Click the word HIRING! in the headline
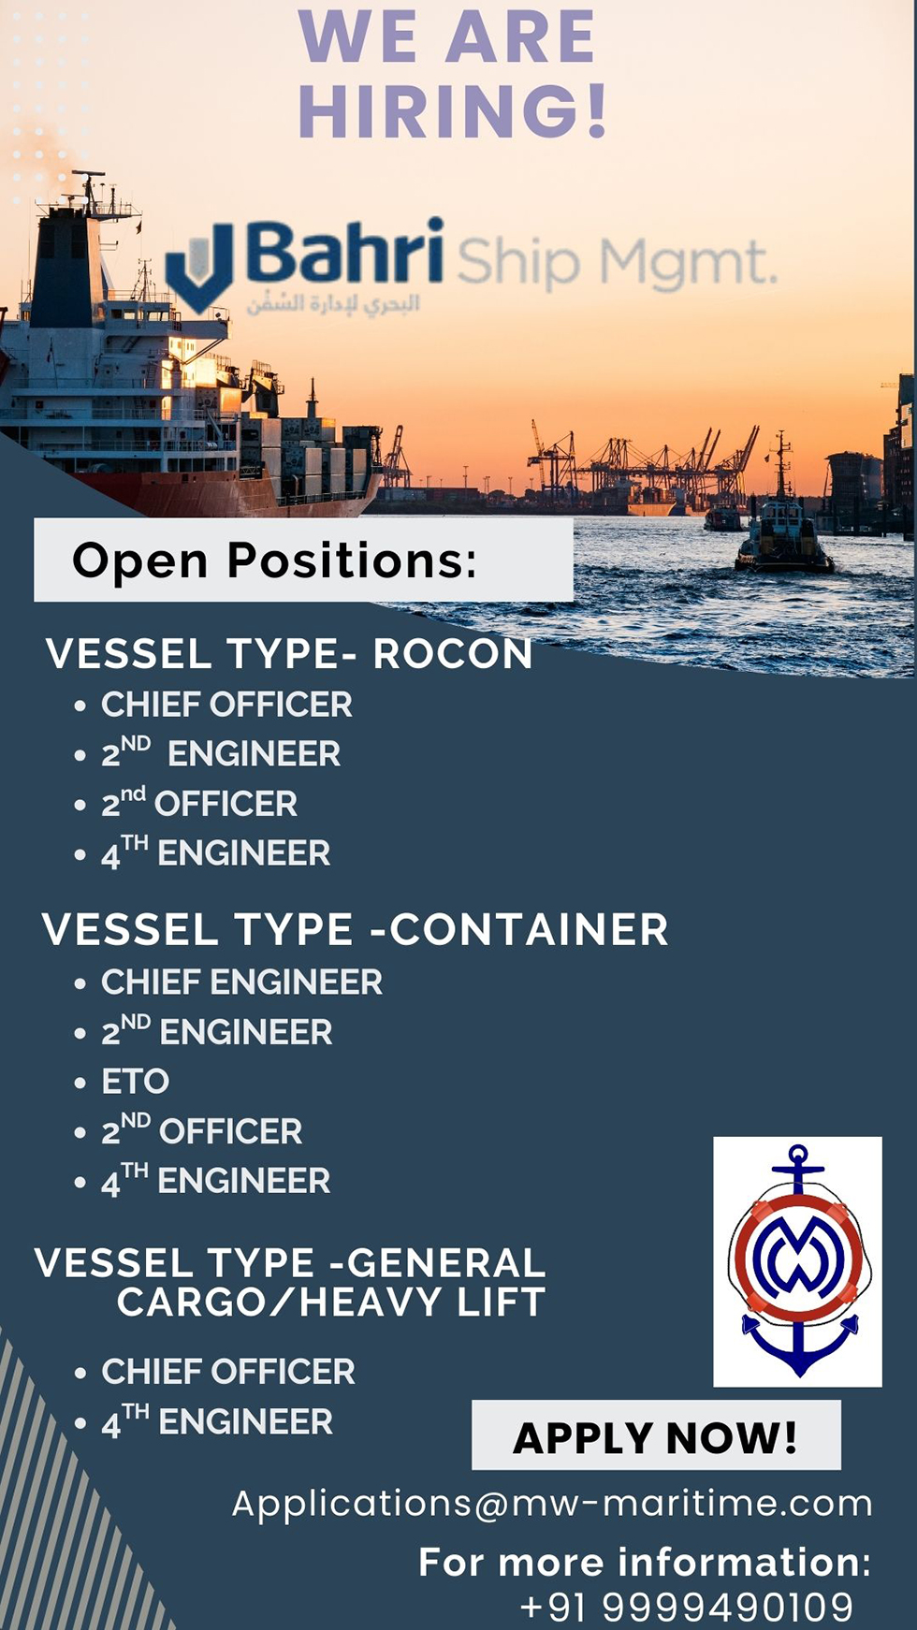[454, 111]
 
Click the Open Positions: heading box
[303, 560]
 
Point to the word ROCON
[453, 653]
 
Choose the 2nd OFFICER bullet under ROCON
[199, 803]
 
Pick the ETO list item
[136, 1082]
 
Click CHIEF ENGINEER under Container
[241, 982]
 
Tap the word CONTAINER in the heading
[530, 930]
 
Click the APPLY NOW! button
[656, 1435]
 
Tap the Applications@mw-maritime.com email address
[552, 1503]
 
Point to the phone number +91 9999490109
[687, 1607]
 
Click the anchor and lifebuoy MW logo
[797, 1261]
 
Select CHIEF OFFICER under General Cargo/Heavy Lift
[228, 1372]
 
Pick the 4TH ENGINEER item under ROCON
[215, 852]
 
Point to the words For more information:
[646, 1562]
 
